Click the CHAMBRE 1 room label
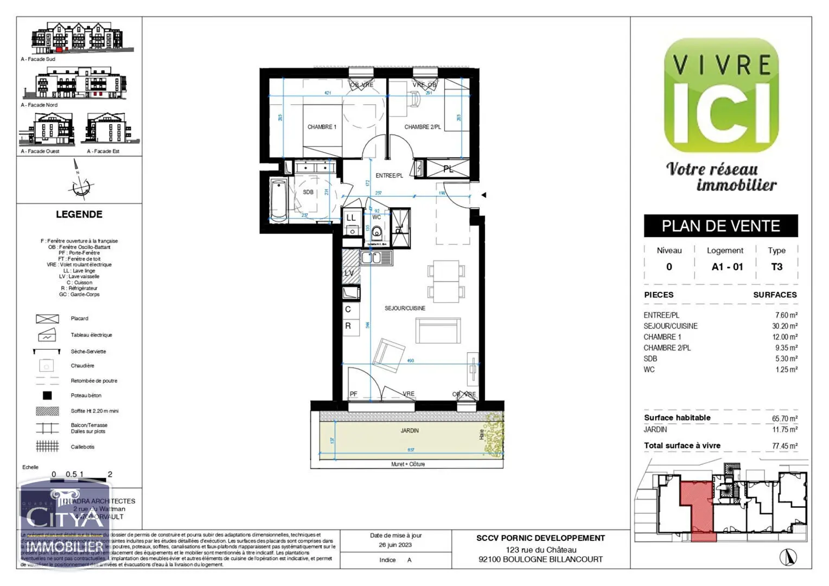pos(322,127)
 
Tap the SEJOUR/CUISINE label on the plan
pos(405,308)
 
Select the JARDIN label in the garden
pos(410,431)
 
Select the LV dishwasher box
pos(349,273)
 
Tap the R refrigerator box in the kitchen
pos(348,326)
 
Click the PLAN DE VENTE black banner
pos(720,226)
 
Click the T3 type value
pos(776,267)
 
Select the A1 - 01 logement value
pos(727,267)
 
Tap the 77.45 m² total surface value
pos(785,446)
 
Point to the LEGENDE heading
pos(79,214)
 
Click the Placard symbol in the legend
pos(47,319)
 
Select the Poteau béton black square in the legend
pos(47,396)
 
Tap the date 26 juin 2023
pos(395,545)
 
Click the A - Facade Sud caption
pos(38,59)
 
